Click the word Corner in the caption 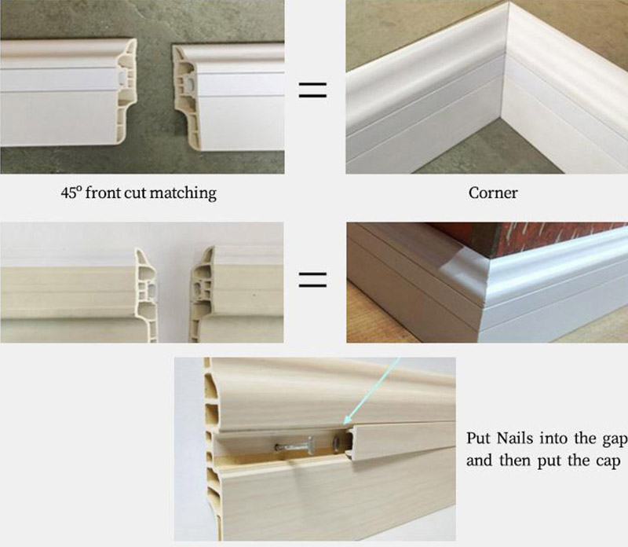(x=492, y=192)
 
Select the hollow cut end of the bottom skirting (x=213, y=448)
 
